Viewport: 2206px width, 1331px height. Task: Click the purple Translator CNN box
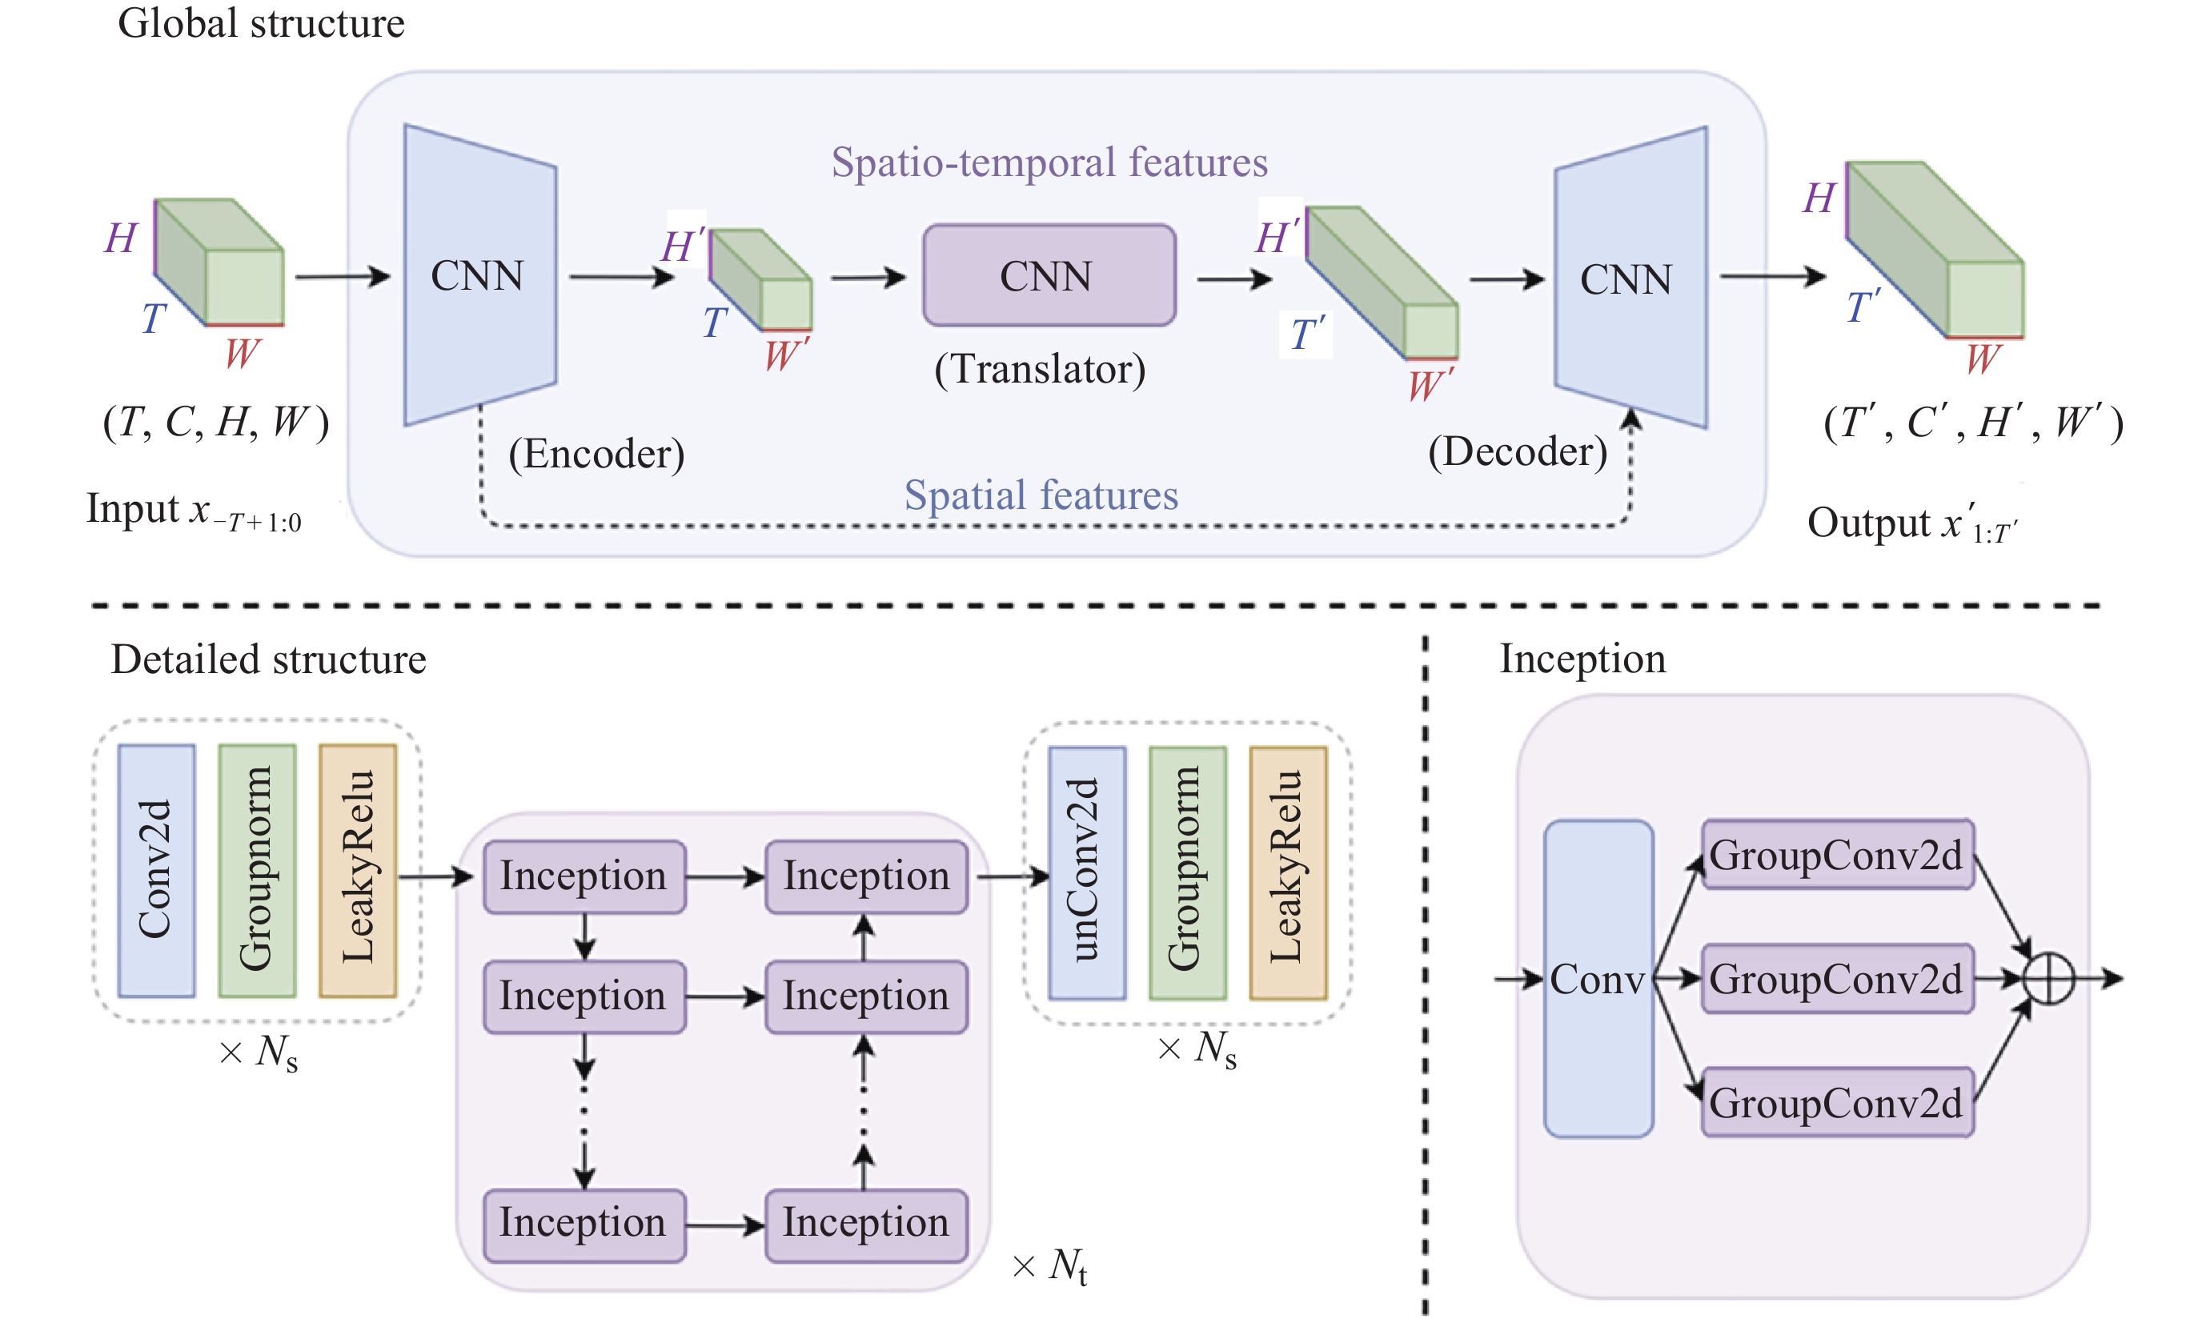(1049, 275)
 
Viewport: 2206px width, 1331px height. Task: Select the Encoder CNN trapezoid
(480, 275)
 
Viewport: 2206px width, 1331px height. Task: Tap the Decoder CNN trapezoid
(1630, 279)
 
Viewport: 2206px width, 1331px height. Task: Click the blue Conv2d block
(157, 871)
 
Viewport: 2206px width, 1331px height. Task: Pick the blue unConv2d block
(1087, 872)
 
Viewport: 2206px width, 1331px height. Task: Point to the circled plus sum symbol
(2048, 978)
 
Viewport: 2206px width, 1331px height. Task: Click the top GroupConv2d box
(1837, 855)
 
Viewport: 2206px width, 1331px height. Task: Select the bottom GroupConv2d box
(1837, 1103)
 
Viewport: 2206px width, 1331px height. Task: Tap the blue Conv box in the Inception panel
(1598, 978)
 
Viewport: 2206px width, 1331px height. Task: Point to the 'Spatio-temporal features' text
(1049, 163)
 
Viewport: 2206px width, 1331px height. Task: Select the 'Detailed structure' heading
(269, 659)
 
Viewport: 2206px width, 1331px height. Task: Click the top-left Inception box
(584, 876)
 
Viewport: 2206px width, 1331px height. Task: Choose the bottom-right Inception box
(866, 1224)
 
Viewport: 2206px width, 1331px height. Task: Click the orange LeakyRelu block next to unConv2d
(1287, 872)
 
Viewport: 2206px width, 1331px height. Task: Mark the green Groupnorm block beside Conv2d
(257, 871)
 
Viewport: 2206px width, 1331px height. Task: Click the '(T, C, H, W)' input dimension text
(216, 422)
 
